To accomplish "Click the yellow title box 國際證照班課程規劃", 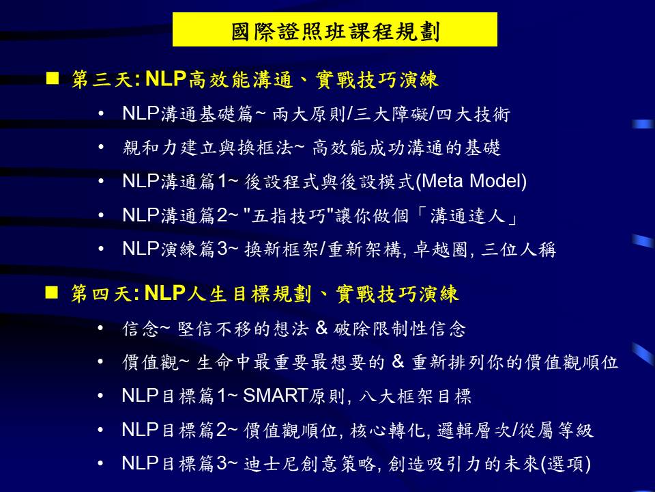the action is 334,29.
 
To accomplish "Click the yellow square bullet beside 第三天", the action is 53,78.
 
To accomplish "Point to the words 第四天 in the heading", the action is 102,293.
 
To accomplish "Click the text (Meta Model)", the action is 471,181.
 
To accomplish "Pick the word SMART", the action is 276,396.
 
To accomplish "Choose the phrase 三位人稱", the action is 519,249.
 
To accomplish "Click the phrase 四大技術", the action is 473,113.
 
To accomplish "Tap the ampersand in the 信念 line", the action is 321,328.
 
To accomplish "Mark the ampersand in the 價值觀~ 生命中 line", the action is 398,361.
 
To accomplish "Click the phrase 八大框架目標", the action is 415,396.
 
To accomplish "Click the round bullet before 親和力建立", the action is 101,148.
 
